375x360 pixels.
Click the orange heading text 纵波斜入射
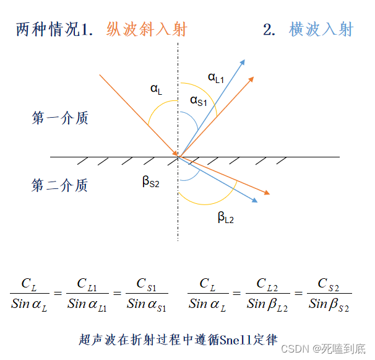(147, 29)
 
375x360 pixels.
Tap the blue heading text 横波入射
(321, 29)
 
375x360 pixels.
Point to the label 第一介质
(60, 118)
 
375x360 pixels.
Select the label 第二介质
(60, 185)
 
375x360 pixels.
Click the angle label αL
(156, 89)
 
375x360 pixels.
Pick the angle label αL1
(216, 77)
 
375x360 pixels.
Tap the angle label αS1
(198, 100)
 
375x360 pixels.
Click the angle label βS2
(151, 181)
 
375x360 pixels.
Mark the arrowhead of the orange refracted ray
(268, 193)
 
